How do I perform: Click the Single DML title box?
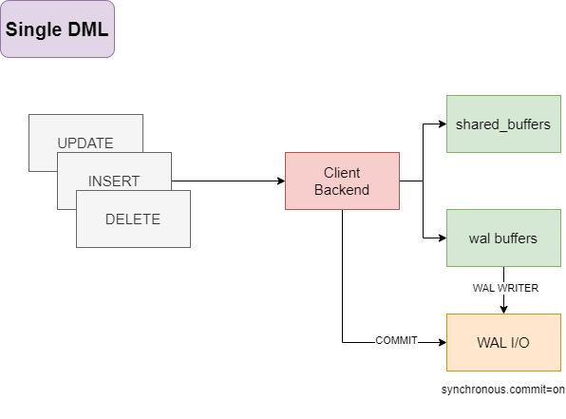pos(57,29)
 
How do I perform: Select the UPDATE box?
pos(85,133)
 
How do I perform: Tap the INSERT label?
pos(114,181)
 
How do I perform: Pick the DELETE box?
pos(133,219)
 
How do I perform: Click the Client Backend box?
pos(342,181)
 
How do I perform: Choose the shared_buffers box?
pos(503,124)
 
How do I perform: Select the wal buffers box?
pos(503,238)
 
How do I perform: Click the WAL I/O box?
pos(503,342)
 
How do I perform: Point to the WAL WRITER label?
pos(505,288)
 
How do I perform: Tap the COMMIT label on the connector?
pos(396,340)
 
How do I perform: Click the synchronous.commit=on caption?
pos(503,390)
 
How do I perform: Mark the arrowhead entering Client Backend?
pos(281,181)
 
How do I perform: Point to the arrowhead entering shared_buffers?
pos(443,124)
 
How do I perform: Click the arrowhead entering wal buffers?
pos(443,238)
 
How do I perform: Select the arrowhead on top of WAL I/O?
pos(503,310)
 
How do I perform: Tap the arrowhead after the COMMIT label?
pos(443,342)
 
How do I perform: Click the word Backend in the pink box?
pos(342,190)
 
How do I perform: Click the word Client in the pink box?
pos(342,173)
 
